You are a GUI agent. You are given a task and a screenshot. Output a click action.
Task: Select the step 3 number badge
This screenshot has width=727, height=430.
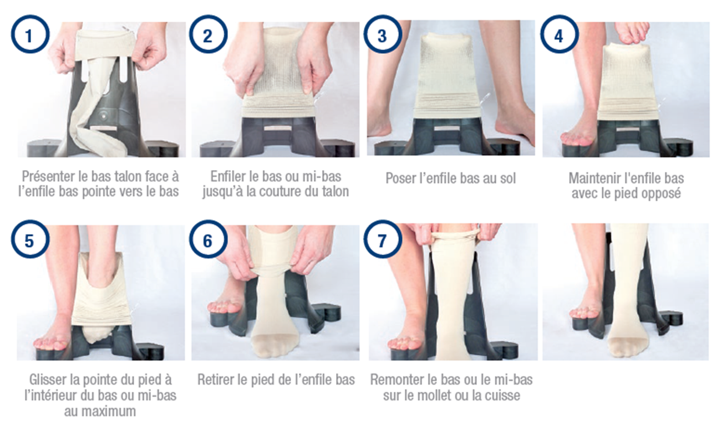pyautogui.click(x=382, y=35)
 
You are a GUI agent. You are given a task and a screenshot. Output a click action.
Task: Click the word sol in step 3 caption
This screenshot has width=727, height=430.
pyautogui.click(x=506, y=178)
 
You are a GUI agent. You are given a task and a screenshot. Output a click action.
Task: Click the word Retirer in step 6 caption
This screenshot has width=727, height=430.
pyautogui.click(x=217, y=380)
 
